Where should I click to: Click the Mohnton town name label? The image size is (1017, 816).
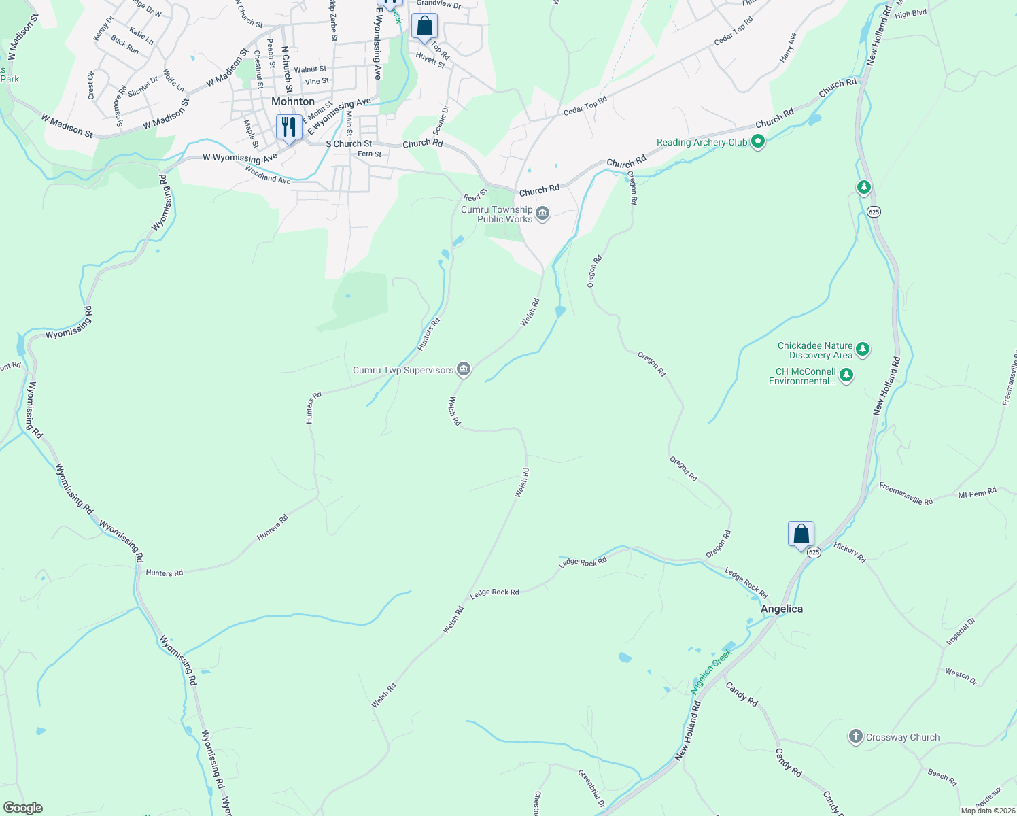[293, 101]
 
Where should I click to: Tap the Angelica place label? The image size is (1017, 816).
[781, 609]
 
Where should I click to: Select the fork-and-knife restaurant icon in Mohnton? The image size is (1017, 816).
[289, 127]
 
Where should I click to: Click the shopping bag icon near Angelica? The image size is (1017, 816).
[801, 534]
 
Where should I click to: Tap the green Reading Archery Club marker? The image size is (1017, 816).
[759, 142]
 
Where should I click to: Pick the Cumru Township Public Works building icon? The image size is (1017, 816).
[542, 215]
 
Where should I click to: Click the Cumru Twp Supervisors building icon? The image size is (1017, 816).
[464, 370]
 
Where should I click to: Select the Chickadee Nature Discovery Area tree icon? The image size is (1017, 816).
[863, 350]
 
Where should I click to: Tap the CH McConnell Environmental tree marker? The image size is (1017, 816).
[846, 375]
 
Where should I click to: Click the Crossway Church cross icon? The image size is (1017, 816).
[856, 736]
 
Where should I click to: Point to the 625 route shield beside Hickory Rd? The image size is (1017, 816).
[814, 552]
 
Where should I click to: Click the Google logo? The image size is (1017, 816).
[22, 807]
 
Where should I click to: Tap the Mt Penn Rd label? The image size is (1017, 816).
[977, 492]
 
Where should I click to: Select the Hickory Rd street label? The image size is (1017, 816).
[850, 552]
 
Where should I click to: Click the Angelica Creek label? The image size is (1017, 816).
[711, 671]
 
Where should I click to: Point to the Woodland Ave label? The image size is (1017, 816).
[267, 177]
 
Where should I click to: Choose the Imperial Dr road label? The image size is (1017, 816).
[961, 632]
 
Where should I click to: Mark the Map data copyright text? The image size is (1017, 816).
[988, 811]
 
